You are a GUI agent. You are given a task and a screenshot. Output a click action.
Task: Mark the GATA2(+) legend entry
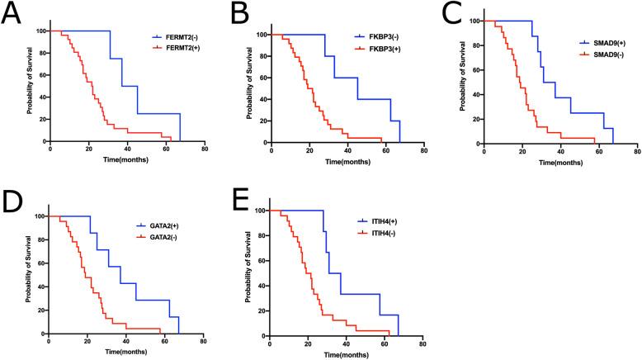tap(173, 225)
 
